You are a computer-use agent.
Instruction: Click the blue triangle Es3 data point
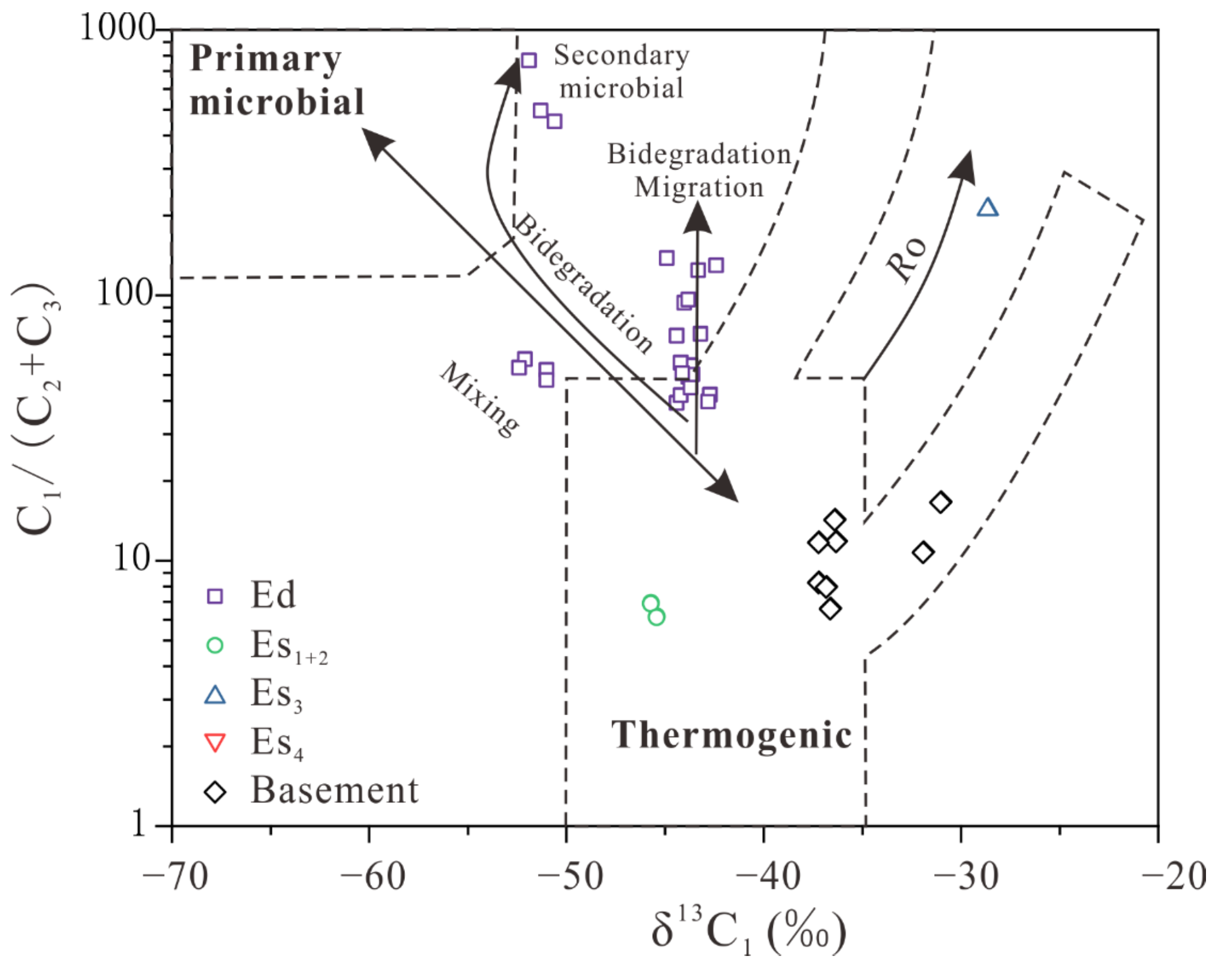pos(988,208)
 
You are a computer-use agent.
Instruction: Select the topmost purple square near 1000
pos(529,60)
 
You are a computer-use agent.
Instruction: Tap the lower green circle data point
pos(657,617)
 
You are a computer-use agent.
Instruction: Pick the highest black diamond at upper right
pos(941,502)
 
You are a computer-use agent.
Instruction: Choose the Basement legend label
pos(334,791)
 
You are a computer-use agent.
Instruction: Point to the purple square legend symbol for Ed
pos(215,596)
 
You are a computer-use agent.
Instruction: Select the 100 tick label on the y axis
pos(125,293)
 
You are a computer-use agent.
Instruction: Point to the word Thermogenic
pos(732,736)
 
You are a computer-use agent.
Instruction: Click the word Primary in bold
pos(265,60)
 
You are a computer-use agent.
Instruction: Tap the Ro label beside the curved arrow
pos(906,259)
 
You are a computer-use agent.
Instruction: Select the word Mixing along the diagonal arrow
pos(480,399)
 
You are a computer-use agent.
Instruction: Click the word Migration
pos(699,187)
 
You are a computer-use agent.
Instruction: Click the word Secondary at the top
pos(622,55)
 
